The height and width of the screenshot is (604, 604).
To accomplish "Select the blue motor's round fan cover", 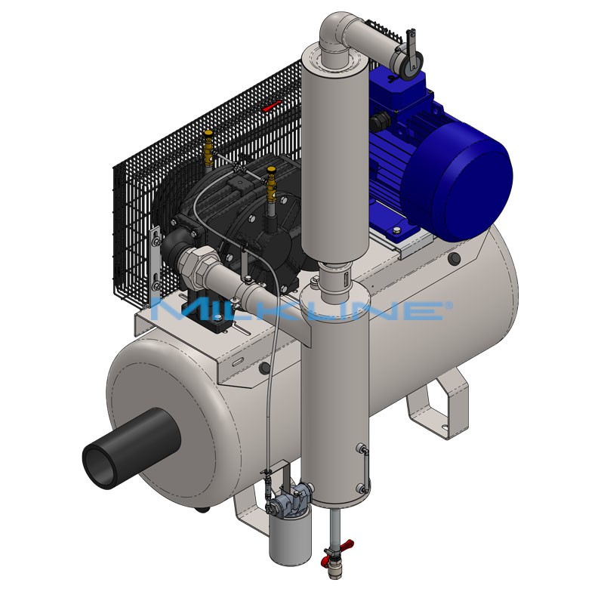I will (456, 181).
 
